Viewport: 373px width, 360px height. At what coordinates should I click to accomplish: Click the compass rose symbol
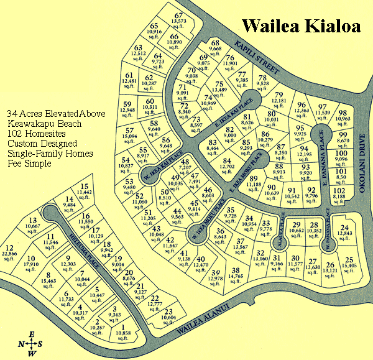click(x=30, y=344)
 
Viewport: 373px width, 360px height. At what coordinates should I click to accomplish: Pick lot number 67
click(x=180, y=16)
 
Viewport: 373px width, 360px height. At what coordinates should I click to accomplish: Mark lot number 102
click(x=339, y=190)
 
